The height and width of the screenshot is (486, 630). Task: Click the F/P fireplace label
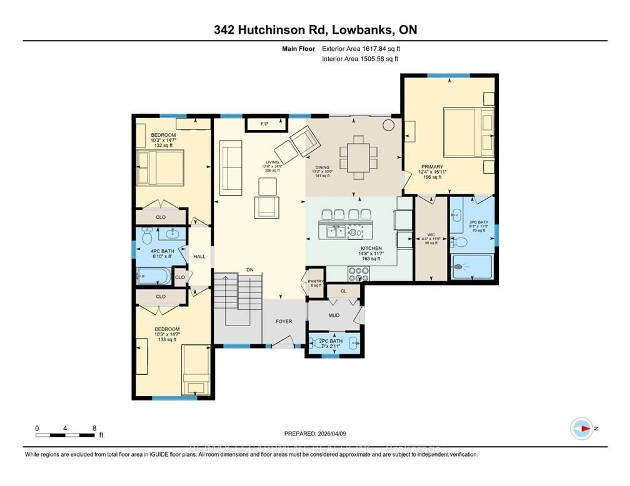[264, 124]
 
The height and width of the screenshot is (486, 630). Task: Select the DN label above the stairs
[250, 270]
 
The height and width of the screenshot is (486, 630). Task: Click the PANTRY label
[316, 281]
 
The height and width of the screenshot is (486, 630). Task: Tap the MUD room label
[334, 315]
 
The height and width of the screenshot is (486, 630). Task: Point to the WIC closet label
[431, 235]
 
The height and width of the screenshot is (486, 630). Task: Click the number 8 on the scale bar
[94, 428]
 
